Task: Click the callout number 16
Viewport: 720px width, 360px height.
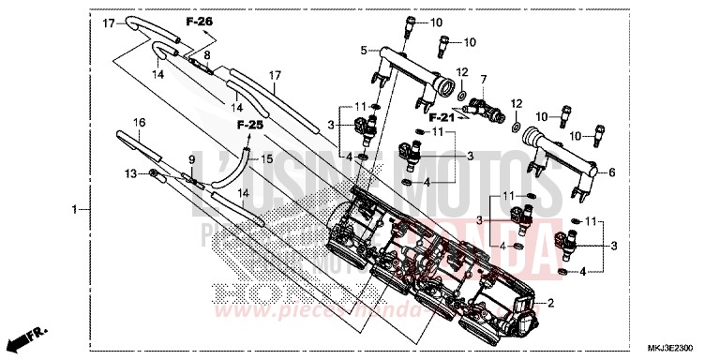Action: pos(139,123)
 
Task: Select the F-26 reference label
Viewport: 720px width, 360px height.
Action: pos(199,20)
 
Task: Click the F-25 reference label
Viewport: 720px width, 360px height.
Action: pos(249,124)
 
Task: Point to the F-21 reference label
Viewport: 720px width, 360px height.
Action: pos(442,118)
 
